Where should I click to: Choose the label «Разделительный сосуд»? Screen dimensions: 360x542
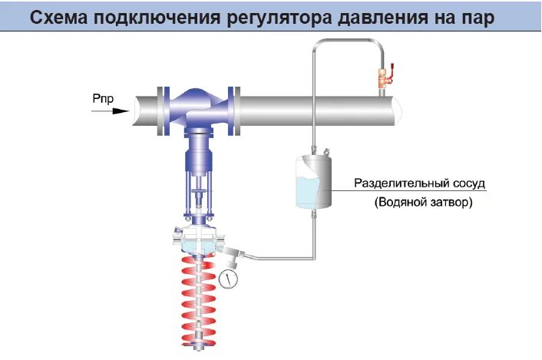421,184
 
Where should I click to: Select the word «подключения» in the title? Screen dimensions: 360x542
169,16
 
